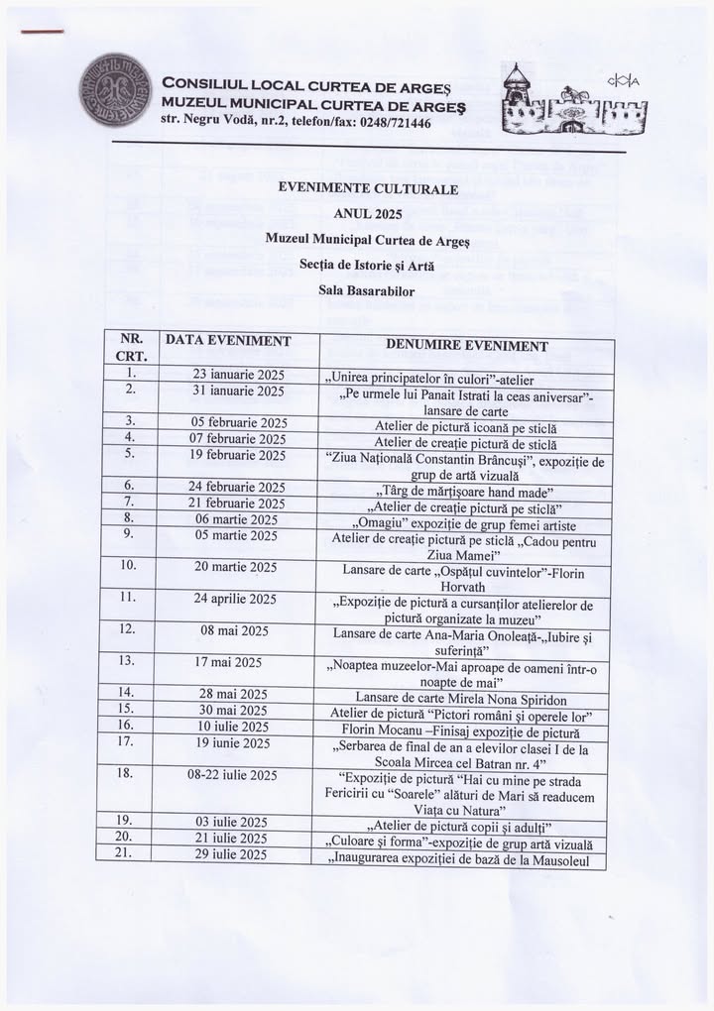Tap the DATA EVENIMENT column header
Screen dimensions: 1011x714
point(228,341)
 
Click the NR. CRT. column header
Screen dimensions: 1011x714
point(132,347)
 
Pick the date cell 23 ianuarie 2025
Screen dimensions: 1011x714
point(238,375)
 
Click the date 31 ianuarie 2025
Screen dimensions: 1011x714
point(238,391)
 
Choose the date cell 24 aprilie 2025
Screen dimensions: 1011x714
point(235,599)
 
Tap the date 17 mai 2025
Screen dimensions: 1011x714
point(228,662)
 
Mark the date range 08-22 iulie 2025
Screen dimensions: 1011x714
point(235,774)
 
